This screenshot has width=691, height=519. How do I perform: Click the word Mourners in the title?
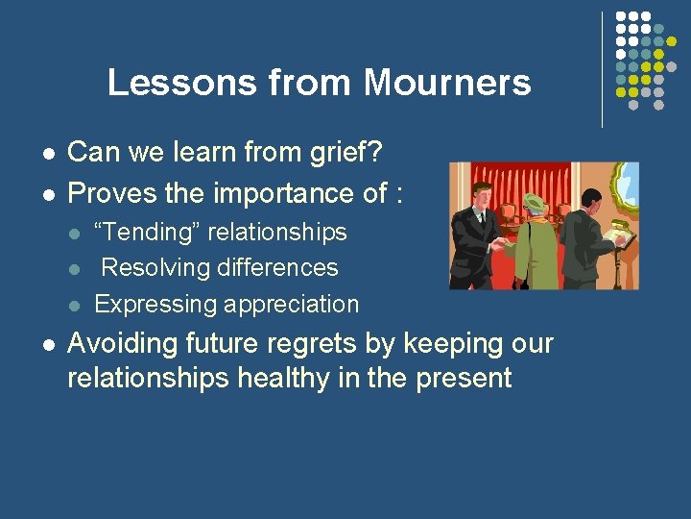point(447,83)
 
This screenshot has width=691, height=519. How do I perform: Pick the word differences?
point(277,267)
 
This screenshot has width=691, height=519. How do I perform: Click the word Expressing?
point(155,305)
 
